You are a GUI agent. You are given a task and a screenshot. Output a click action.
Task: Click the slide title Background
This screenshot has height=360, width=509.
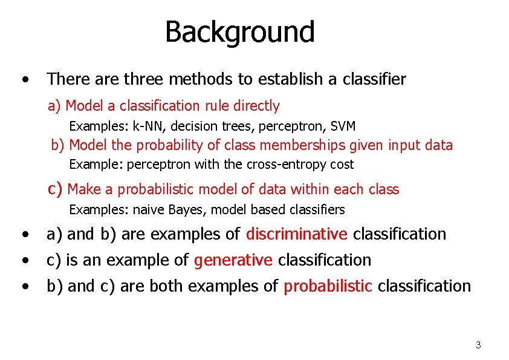click(239, 32)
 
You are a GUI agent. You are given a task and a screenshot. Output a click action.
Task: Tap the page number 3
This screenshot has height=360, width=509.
click(478, 345)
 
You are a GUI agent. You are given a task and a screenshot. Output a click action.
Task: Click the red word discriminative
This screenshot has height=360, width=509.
click(296, 234)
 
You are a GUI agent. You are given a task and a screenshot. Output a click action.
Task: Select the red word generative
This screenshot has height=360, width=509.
click(233, 260)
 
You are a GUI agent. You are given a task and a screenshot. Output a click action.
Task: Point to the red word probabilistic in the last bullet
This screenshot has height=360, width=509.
click(328, 286)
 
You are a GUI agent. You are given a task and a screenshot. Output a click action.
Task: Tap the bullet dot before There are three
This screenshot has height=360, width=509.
click(24, 80)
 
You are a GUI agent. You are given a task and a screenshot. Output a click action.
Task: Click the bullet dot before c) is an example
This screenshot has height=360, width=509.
click(24, 261)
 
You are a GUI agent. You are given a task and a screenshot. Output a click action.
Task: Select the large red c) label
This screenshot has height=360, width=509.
click(56, 189)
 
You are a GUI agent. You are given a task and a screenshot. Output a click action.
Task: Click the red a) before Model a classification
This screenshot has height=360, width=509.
click(55, 106)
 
